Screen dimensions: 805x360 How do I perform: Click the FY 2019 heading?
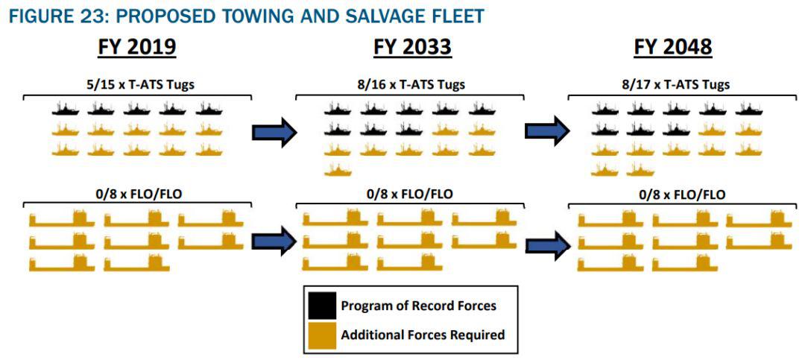(x=138, y=47)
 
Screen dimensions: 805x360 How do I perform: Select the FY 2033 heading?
(x=412, y=47)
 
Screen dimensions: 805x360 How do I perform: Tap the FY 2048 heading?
(x=673, y=47)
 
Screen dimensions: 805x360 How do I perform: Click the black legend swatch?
(x=323, y=306)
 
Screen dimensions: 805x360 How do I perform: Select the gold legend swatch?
(x=323, y=335)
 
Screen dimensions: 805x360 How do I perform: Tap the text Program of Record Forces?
(x=418, y=306)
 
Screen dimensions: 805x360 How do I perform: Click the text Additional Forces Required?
(x=423, y=335)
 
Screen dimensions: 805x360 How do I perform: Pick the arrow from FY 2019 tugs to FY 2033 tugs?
(x=274, y=132)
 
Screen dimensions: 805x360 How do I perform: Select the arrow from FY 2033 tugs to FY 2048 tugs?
(x=547, y=131)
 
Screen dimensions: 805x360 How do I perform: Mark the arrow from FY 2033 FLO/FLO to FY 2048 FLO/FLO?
(x=548, y=246)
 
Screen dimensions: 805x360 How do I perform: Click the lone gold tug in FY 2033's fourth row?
(x=338, y=170)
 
